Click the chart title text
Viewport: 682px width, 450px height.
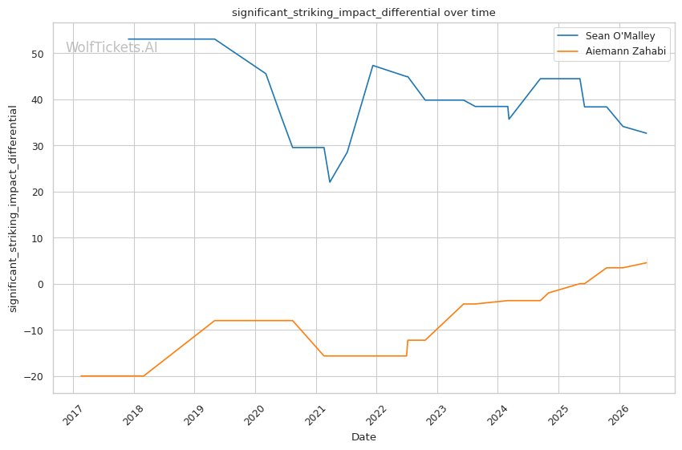click(363, 13)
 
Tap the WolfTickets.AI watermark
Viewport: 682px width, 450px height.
click(112, 47)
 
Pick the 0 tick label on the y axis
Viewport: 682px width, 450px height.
click(41, 284)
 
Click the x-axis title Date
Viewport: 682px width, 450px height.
click(363, 437)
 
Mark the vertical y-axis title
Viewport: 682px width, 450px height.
click(13, 209)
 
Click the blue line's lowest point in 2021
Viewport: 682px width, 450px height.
click(330, 182)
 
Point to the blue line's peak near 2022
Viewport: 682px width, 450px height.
click(373, 66)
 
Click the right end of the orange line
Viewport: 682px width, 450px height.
click(647, 262)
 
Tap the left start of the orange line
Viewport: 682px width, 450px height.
click(81, 376)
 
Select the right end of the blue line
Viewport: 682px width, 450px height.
click(647, 133)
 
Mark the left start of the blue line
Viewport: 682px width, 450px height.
click(128, 39)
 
